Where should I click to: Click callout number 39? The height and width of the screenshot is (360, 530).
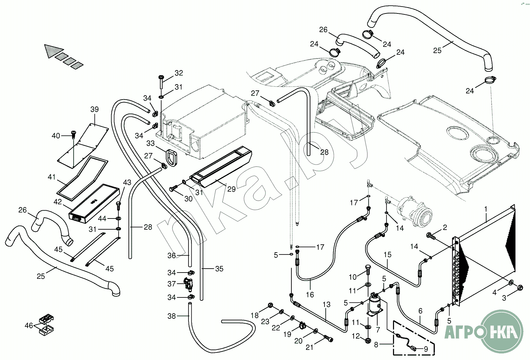click(x=94, y=109)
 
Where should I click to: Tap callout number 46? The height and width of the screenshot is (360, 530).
click(x=29, y=326)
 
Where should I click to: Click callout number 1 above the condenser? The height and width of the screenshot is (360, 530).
click(x=486, y=209)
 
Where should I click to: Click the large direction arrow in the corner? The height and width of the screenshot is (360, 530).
click(x=54, y=51)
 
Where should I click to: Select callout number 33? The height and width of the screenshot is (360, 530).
click(x=150, y=143)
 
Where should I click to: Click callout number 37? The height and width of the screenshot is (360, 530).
click(x=172, y=284)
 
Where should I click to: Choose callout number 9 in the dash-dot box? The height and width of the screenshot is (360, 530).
click(x=426, y=349)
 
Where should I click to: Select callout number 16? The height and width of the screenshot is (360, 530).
click(x=310, y=295)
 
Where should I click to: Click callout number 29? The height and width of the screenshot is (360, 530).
click(x=231, y=189)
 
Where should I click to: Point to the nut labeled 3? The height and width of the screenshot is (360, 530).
click(x=519, y=288)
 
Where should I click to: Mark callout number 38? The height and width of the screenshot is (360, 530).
click(x=172, y=316)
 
